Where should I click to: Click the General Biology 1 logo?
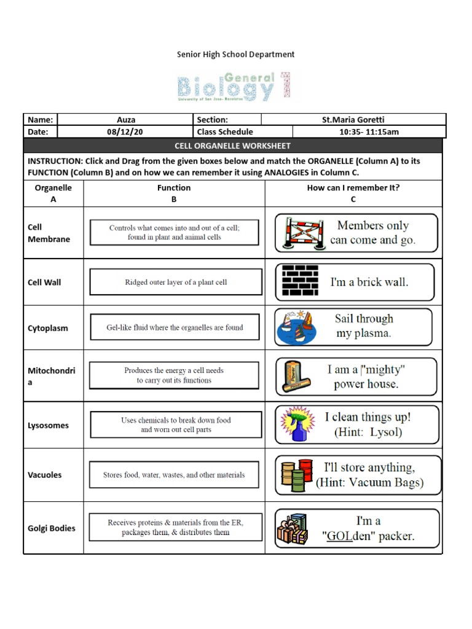tap(234, 87)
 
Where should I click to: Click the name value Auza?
tap(126, 120)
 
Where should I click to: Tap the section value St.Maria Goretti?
tap(353, 120)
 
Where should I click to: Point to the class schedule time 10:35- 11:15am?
tap(369, 131)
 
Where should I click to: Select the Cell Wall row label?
tap(44, 283)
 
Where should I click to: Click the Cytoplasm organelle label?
tap(47, 328)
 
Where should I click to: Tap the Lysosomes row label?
tap(48, 425)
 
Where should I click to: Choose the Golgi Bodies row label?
tap(52, 528)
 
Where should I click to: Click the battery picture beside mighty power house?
tap(296, 376)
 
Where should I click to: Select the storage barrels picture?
tap(297, 474)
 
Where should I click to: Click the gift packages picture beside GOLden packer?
tap(293, 529)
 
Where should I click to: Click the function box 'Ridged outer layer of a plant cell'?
tap(176, 283)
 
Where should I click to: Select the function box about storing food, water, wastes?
tap(175, 475)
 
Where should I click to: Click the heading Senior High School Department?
tap(235, 55)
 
